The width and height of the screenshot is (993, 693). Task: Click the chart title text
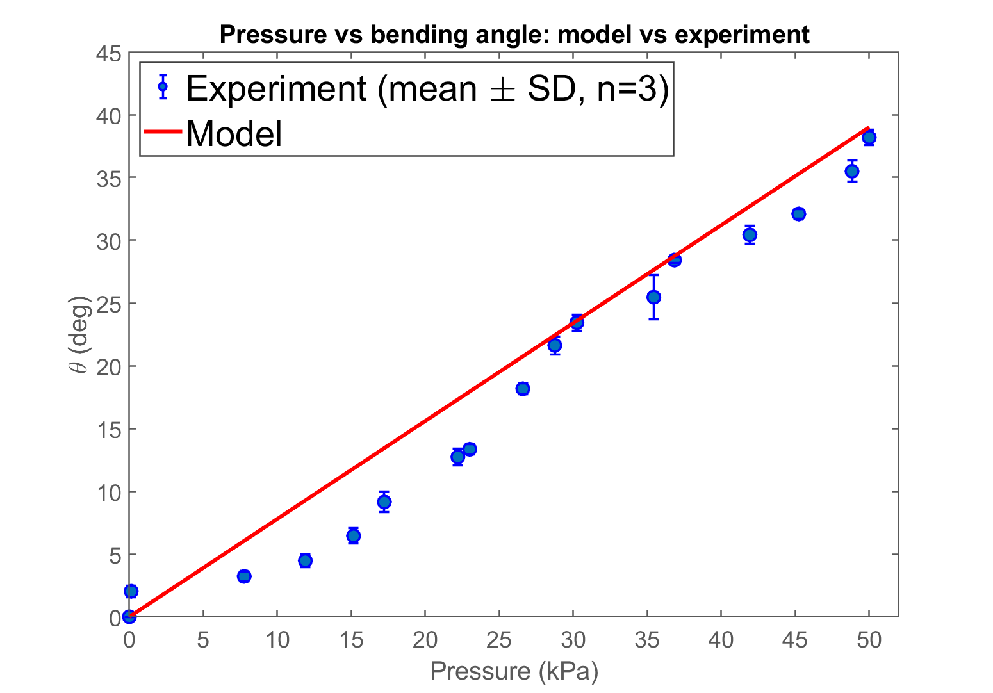pyautogui.click(x=514, y=34)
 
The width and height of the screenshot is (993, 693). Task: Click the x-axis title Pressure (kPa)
pyautogui.click(x=514, y=671)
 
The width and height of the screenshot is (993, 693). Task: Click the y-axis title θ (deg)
pyautogui.click(x=81, y=335)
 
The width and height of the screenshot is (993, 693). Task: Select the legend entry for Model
pyautogui.click(x=234, y=134)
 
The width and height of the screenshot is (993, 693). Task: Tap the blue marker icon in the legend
pyautogui.click(x=163, y=86)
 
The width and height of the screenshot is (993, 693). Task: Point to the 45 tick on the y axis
pyautogui.click(x=108, y=53)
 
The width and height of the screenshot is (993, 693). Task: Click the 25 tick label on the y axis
pyautogui.click(x=108, y=304)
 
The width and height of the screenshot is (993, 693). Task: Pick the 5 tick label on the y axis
pyautogui.click(x=114, y=555)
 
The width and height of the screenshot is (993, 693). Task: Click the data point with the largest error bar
pyautogui.click(x=653, y=297)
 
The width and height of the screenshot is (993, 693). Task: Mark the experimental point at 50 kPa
pyautogui.click(x=869, y=137)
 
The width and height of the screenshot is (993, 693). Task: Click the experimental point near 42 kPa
pyautogui.click(x=750, y=235)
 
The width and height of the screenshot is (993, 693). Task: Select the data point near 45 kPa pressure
pyautogui.click(x=798, y=214)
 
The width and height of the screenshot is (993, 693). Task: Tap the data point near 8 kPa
pyautogui.click(x=244, y=576)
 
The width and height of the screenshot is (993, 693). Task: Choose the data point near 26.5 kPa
pyautogui.click(x=523, y=389)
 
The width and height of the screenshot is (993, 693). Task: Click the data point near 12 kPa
pyautogui.click(x=305, y=560)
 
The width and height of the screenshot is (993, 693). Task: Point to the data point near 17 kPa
pyautogui.click(x=384, y=502)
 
